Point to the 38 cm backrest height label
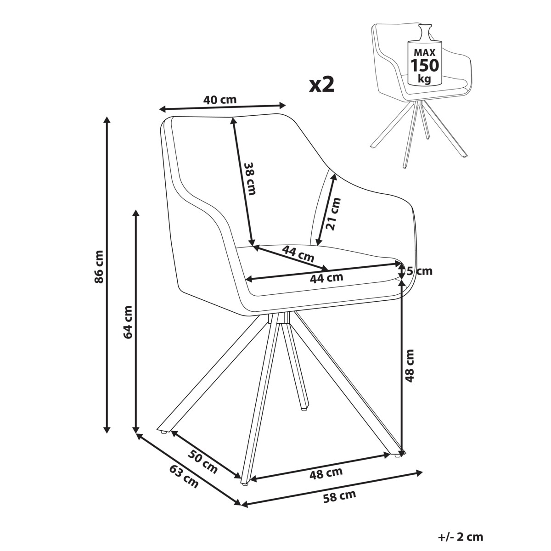click(249, 179)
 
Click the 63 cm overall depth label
click(184, 476)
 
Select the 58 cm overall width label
click(340, 495)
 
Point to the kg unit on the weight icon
click(424, 79)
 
